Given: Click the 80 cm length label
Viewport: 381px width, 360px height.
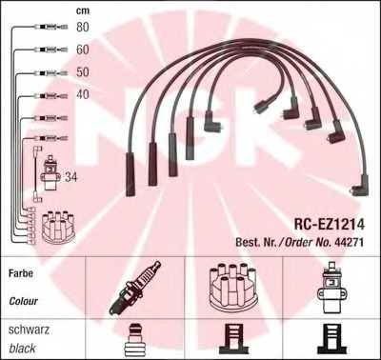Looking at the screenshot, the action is tap(83, 27).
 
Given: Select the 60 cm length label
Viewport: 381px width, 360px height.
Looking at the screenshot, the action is tap(83, 50).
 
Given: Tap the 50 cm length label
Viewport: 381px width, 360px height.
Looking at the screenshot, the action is tap(83, 72).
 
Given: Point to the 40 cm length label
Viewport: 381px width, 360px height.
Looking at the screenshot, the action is tap(83, 94).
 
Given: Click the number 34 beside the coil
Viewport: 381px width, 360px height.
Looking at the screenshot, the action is tap(70, 177).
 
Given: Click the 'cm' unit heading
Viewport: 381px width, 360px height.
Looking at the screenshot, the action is tap(83, 10).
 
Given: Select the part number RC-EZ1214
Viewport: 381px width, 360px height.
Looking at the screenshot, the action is tap(330, 225).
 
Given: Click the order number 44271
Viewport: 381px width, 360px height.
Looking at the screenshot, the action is tap(349, 242).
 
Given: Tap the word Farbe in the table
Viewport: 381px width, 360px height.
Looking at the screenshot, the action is tap(21, 273).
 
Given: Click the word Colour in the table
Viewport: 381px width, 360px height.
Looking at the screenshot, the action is tap(23, 301).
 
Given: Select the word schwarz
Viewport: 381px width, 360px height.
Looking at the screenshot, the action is tap(29, 330).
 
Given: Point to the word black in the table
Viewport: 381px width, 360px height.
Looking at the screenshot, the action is tap(22, 349).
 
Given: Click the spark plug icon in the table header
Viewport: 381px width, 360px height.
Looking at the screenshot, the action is tap(134, 288).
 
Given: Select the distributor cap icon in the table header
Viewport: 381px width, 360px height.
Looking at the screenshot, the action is tap(232, 287).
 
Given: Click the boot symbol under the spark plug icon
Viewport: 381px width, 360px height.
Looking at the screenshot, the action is tap(134, 340).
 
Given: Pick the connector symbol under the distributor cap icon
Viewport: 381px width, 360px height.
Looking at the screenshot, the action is tap(233, 339).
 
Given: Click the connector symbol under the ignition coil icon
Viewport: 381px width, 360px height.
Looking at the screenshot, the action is tap(331, 339).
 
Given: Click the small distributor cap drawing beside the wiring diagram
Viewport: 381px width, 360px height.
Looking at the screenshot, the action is tap(59, 227).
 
